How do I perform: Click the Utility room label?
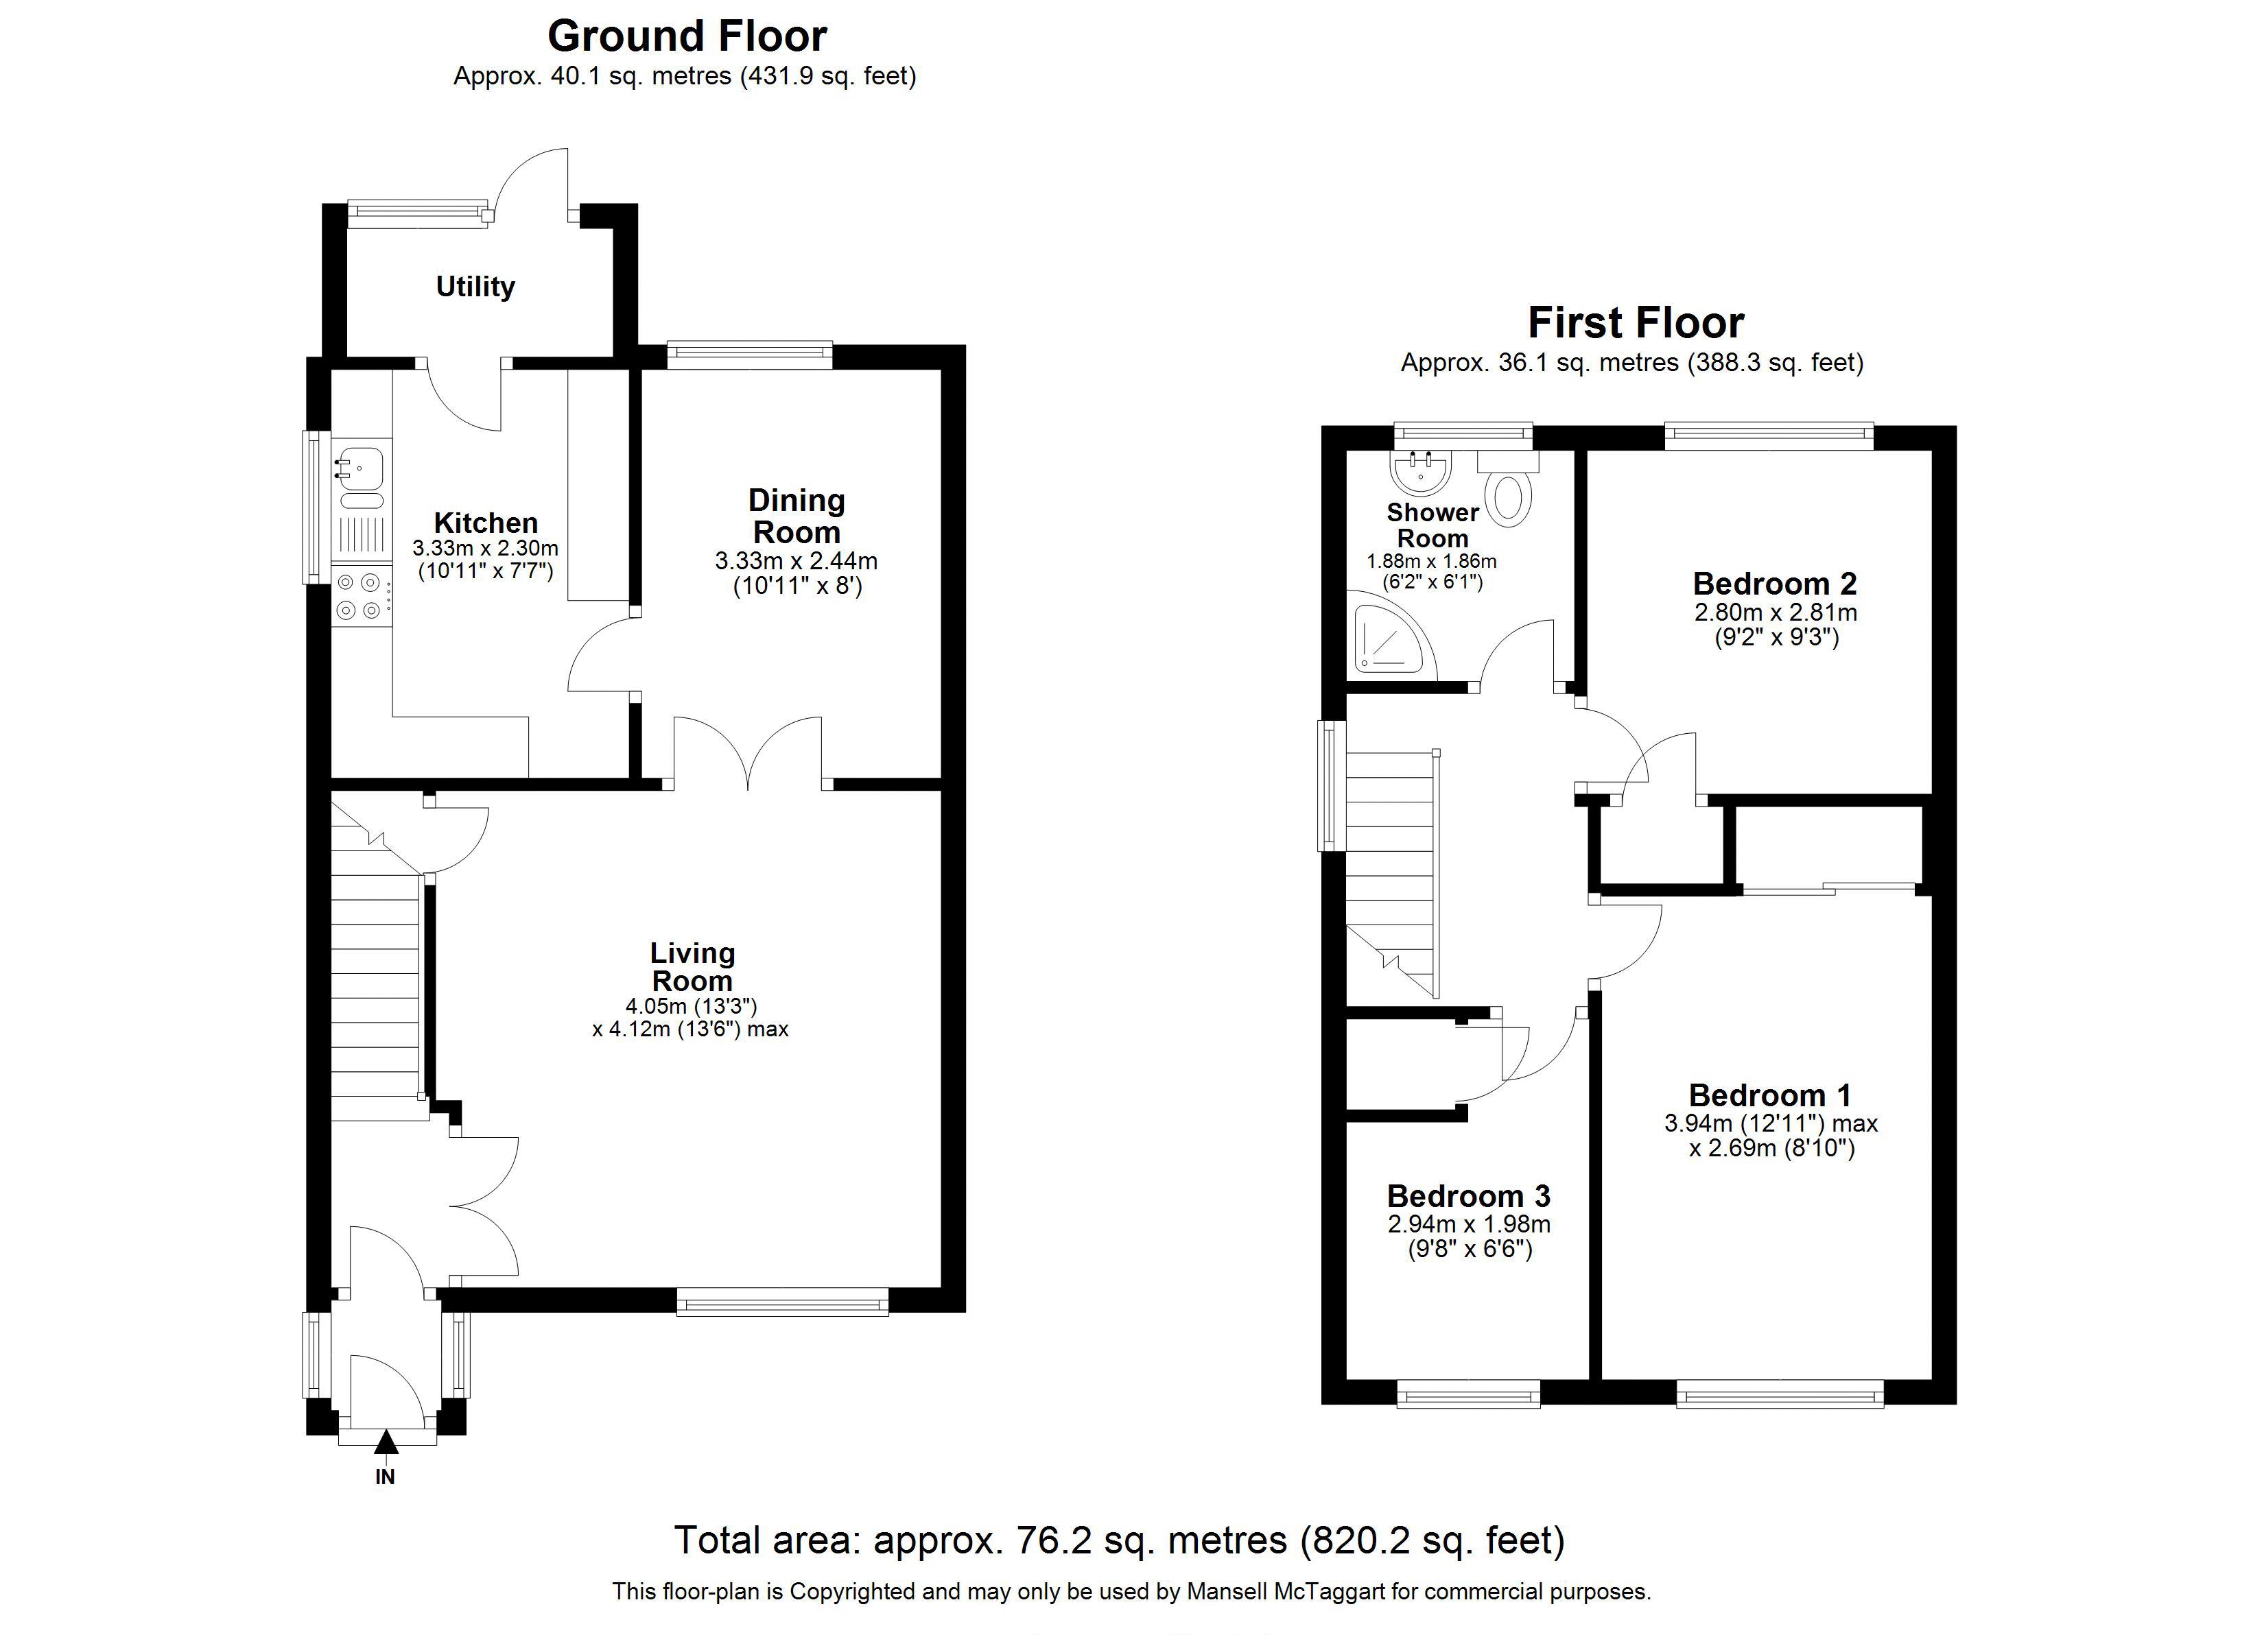tap(475, 287)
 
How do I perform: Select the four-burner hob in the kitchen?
tap(360, 596)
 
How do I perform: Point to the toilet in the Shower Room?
tap(1509, 489)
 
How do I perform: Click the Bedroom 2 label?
tap(1775, 583)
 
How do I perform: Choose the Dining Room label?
tap(797, 516)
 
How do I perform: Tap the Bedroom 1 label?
tap(1770, 1095)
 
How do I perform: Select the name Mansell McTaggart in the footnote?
tap(1286, 1591)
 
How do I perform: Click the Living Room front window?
tap(783, 1300)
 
